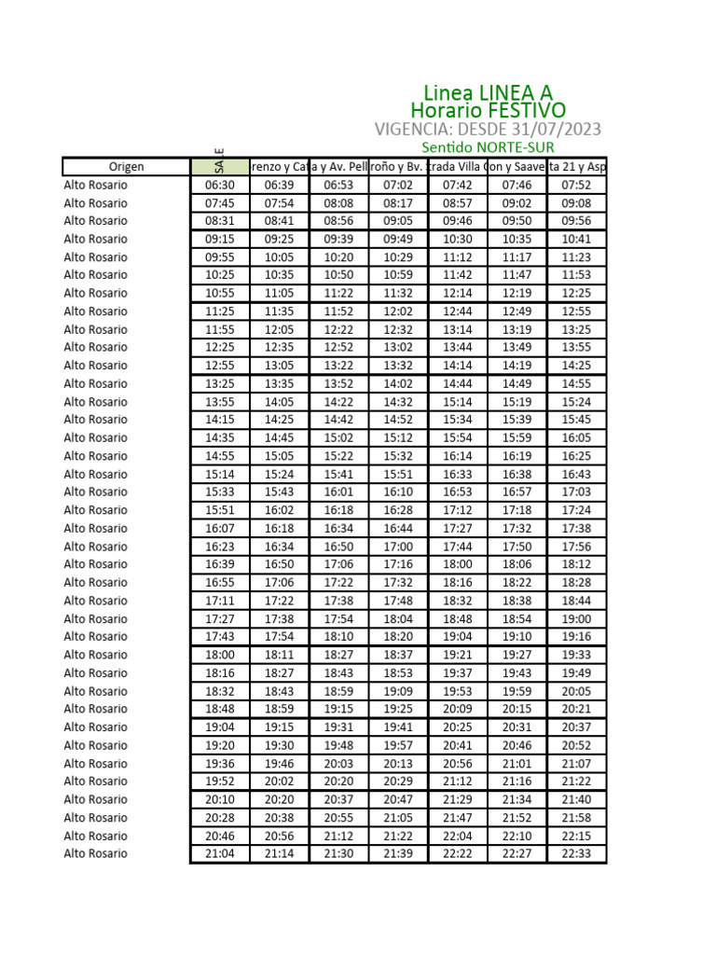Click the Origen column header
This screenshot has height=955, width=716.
click(126, 167)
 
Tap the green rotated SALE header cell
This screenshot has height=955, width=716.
click(220, 166)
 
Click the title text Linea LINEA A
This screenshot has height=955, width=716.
click(488, 93)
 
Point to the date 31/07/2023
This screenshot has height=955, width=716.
click(551, 130)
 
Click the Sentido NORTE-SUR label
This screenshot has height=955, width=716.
click(488, 148)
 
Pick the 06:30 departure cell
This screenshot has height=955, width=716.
click(220, 185)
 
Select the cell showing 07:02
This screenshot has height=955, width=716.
click(398, 185)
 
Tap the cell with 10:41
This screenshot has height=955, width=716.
click(576, 239)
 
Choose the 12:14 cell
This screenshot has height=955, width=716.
click(458, 293)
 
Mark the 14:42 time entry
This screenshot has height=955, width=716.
click(339, 420)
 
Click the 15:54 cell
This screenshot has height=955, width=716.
click(458, 437)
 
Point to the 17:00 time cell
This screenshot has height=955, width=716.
click(398, 547)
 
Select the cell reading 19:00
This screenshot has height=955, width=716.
click(576, 619)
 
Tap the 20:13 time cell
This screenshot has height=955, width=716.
click(398, 764)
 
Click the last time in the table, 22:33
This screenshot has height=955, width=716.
click(576, 854)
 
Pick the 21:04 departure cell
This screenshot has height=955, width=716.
click(220, 854)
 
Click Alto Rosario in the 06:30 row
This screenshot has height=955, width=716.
click(96, 185)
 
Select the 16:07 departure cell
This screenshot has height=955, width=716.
click(220, 529)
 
